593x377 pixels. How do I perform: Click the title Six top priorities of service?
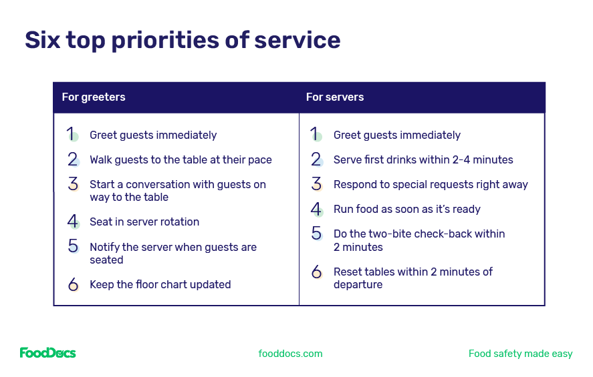[x=183, y=40]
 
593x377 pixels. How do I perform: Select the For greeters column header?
[x=94, y=97]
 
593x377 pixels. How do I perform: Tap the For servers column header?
[x=335, y=97]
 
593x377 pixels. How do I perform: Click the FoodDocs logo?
[x=47, y=353]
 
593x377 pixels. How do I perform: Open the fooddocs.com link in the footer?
[x=290, y=354]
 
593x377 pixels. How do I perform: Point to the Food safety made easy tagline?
[x=520, y=354]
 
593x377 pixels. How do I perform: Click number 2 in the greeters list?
[x=73, y=159]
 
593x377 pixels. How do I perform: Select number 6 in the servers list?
[x=317, y=272]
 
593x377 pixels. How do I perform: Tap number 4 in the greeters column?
[x=73, y=222]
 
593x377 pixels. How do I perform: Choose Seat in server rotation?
[x=144, y=222]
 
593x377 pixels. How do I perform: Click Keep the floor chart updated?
[x=160, y=285]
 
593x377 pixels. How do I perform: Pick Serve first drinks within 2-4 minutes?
[x=423, y=160]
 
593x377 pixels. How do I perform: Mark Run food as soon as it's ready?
[x=407, y=210]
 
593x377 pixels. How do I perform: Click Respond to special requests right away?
[x=431, y=185]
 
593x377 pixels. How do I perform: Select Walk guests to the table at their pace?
[x=181, y=160]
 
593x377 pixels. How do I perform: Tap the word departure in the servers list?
[x=358, y=285]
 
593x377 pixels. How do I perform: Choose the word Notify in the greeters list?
[x=106, y=248]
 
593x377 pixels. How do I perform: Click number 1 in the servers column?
[x=315, y=135]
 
